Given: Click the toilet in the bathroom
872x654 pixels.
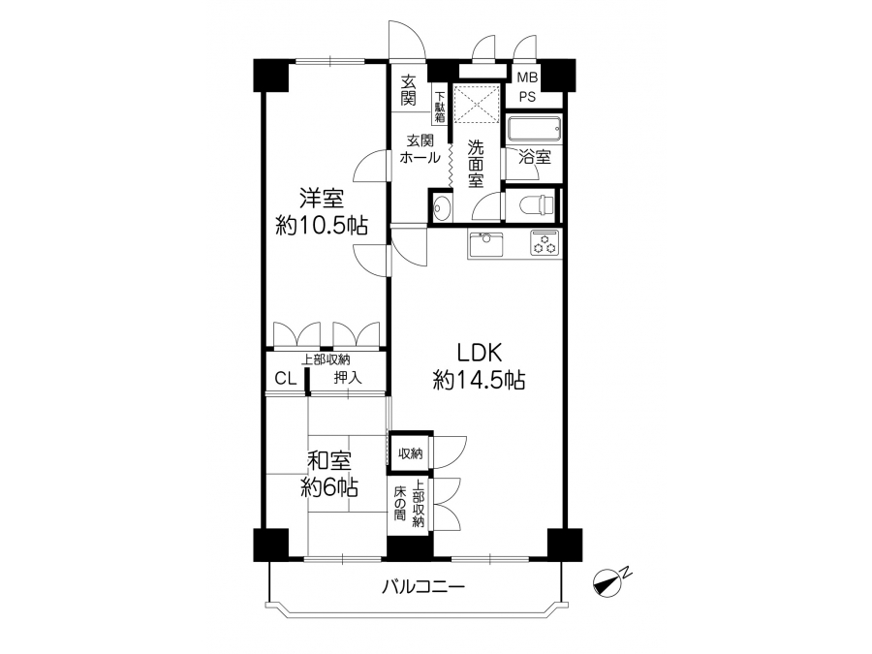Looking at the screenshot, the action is click(x=538, y=206).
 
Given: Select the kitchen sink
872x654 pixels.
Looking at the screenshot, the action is click(x=486, y=244).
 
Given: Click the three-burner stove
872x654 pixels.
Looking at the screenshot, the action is click(x=545, y=242).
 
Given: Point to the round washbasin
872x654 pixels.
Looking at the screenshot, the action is click(x=443, y=206).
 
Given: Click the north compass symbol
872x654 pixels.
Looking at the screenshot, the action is click(x=610, y=581).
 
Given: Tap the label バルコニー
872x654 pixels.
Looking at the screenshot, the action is click(x=422, y=587).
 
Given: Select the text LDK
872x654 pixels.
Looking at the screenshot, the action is click(x=480, y=353).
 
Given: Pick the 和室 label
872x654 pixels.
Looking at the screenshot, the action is click(x=329, y=461).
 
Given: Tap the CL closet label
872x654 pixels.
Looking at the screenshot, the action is click(x=285, y=379).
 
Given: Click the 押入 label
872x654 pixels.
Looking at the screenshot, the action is click(x=348, y=378).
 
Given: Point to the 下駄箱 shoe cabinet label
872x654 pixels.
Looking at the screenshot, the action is click(x=440, y=107).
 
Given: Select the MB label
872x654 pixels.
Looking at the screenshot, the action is click(x=527, y=78).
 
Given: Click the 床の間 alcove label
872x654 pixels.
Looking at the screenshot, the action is click(x=399, y=503).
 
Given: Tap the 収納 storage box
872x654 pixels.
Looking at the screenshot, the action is click(x=411, y=453).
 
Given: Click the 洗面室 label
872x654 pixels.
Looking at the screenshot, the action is click(x=476, y=164).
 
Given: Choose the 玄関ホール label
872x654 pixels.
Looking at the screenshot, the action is click(x=420, y=148).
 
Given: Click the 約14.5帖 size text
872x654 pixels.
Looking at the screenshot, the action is click(x=479, y=381).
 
